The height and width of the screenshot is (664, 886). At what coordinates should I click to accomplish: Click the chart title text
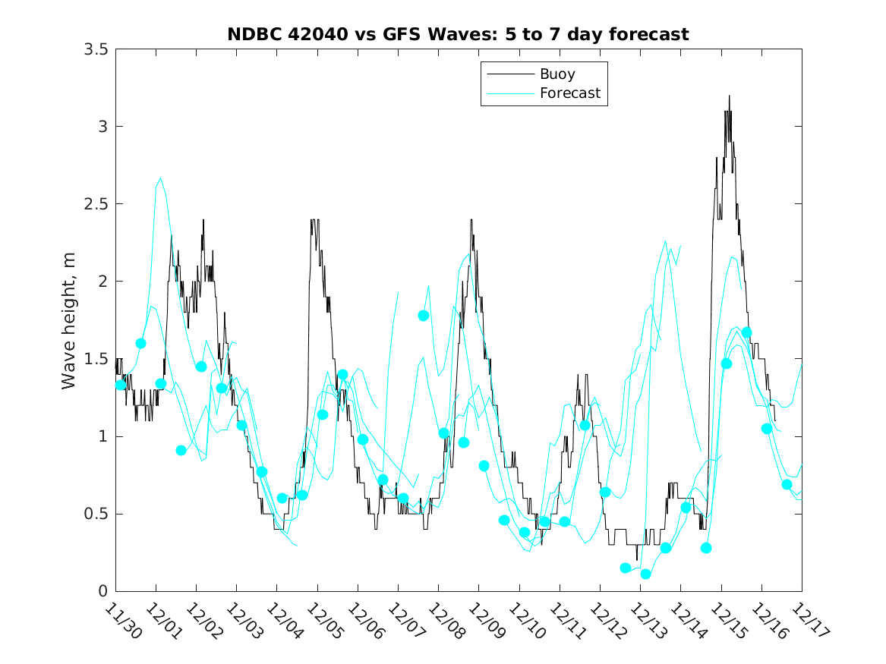458,34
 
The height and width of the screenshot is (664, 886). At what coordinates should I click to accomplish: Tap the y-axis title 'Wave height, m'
69,320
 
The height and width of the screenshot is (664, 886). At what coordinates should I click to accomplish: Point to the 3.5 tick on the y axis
95,49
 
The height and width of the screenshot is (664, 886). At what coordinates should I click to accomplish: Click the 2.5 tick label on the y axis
95,204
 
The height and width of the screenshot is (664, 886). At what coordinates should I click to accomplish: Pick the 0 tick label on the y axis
101,591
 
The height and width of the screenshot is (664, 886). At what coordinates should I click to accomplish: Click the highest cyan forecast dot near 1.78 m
424,315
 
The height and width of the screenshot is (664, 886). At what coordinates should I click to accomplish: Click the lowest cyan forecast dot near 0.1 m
646,574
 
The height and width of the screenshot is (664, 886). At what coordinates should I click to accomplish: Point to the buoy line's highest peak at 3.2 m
729,96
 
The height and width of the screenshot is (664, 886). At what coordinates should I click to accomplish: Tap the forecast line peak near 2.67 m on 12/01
160,178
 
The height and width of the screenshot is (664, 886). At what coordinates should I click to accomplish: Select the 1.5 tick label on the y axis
95,359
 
